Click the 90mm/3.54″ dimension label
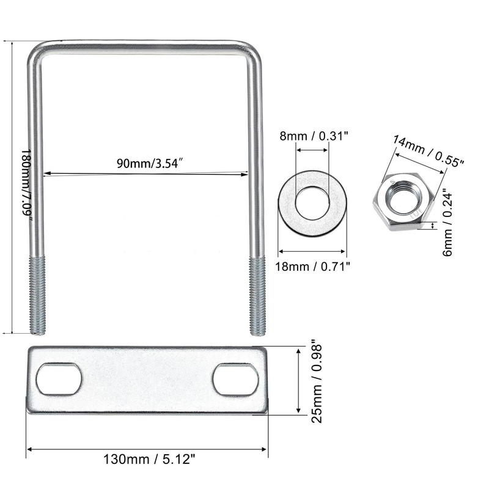pyautogui.click(x=149, y=163)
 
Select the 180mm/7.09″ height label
pyautogui.click(x=26, y=186)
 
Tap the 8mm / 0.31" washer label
pyautogui.click(x=314, y=136)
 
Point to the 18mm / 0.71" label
pyautogui.click(x=312, y=267)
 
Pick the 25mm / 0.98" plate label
pyautogui.click(x=317, y=384)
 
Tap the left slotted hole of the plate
pyautogui.click(x=59, y=379)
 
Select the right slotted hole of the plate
pyautogui.click(x=236, y=380)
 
